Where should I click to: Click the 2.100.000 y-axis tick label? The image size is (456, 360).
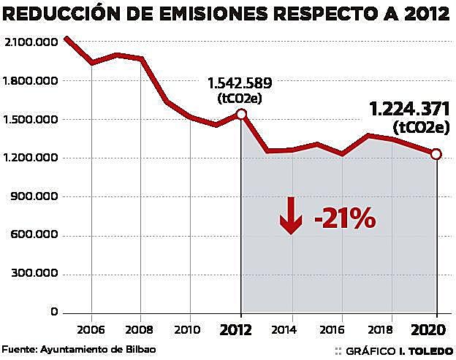click(x=31, y=42)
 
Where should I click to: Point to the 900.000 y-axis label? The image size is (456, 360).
click(x=33, y=197)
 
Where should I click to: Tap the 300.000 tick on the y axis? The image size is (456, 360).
click(x=33, y=274)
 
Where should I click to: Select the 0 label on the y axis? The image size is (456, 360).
click(x=54, y=313)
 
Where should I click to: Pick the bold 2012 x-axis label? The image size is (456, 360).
click(x=240, y=329)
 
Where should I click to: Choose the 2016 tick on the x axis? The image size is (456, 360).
click(x=342, y=328)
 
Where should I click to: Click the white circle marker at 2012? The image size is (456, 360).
click(x=240, y=114)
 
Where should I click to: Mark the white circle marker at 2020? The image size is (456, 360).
click(x=436, y=153)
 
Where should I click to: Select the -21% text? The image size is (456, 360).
click(x=343, y=218)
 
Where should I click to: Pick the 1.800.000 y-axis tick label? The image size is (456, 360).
click(x=31, y=81)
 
